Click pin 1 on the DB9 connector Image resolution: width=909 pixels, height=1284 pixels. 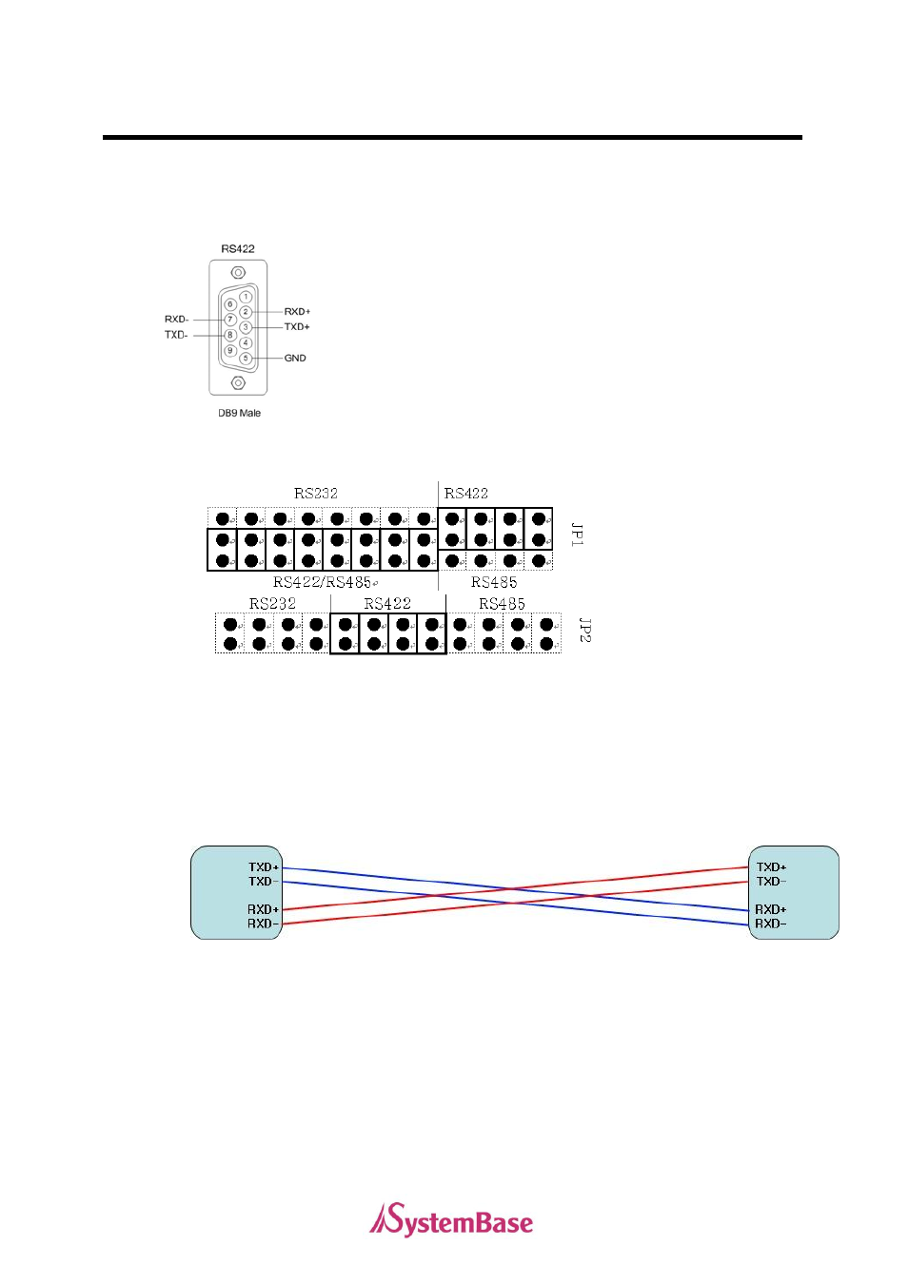point(246,297)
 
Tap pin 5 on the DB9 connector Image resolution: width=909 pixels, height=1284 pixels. point(246,359)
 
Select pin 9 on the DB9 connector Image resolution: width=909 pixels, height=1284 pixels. point(229,351)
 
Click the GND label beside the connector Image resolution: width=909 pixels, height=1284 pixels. point(295,359)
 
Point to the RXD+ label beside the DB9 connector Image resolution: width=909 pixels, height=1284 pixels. point(297,312)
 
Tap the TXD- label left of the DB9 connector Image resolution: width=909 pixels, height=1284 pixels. point(176,335)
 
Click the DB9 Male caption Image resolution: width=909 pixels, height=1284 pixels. point(239,413)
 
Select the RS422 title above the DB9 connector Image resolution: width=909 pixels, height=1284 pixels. point(238,249)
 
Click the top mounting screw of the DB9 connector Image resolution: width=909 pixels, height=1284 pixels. point(238,273)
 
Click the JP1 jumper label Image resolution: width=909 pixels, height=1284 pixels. point(577,534)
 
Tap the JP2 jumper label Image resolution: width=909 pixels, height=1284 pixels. point(585,630)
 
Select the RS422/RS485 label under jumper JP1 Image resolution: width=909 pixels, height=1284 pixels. point(324,582)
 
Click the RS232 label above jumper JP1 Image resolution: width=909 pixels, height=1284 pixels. point(316,494)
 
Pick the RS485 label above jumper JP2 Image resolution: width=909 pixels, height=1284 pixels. point(502,604)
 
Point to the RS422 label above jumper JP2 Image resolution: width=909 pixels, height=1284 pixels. point(387,604)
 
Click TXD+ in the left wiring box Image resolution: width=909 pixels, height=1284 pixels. point(264,867)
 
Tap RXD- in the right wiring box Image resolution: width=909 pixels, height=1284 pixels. point(771,924)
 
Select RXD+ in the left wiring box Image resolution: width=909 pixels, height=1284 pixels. point(264,909)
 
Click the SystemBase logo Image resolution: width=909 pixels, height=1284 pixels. point(451,1221)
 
